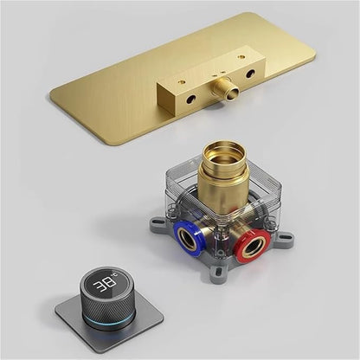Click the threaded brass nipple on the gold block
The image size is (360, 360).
point(226,92)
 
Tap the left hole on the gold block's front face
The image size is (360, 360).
point(190,100)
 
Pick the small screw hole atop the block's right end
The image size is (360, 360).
point(240,57)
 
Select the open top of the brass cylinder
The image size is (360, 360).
point(224,152)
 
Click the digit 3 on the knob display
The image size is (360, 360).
point(99,286)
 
